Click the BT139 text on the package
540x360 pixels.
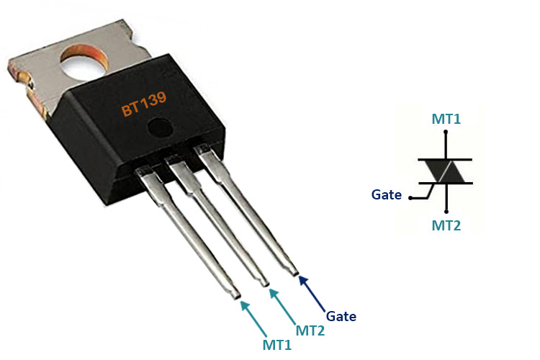(x=145, y=106)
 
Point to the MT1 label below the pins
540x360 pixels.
(x=277, y=344)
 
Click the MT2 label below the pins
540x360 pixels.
(x=310, y=331)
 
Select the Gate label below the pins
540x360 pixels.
(x=341, y=316)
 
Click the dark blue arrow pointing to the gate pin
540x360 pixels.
(x=311, y=291)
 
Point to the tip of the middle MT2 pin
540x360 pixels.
(x=265, y=282)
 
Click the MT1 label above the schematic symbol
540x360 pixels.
(x=446, y=118)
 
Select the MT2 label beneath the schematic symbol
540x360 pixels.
(x=446, y=226)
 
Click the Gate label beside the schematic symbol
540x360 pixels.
(x=387, y=194)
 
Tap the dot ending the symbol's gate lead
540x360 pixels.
(x=410, y=196)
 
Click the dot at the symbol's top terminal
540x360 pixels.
(x=446, y=132)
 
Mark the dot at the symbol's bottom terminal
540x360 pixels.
(x=446, y=211)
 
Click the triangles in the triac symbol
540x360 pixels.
(x=446, y=171)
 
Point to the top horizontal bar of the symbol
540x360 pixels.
(x=446, y=159)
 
